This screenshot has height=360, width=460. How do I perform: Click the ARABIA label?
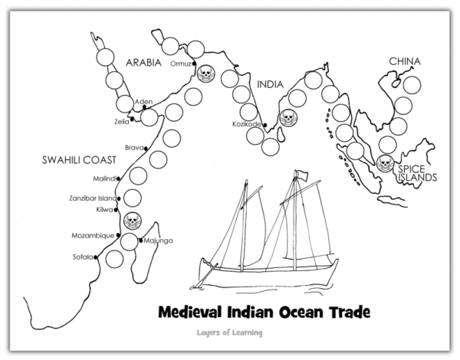tap(144, 64)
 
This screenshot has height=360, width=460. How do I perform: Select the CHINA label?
tap(405, 60)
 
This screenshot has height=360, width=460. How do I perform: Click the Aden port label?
tap(143, 101)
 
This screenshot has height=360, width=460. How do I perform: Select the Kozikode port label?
tap(248, 124)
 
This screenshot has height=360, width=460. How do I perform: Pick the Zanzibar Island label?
tap(92, 198)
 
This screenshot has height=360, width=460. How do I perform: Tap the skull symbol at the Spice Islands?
tap(385, 163)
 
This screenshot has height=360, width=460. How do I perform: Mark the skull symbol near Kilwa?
tap(130, 220)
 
